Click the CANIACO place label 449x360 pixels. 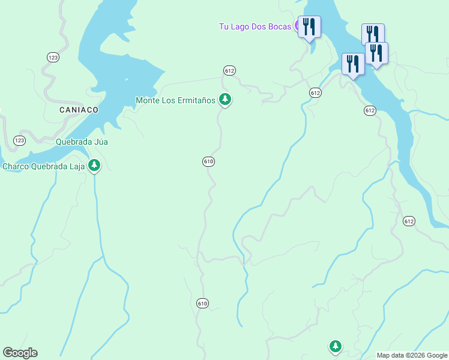point(79,110)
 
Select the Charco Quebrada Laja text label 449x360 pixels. point(44,167)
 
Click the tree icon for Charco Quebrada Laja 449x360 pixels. point(94,166)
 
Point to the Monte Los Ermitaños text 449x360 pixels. point(175,100)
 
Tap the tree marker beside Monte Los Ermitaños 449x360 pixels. point(224,99)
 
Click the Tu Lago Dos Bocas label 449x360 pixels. point(255,26)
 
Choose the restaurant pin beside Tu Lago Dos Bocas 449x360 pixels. point(309,27)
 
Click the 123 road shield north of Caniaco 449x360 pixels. point(53,57)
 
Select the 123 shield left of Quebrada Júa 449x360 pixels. point(19,140)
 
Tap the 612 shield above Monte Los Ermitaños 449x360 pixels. point(229,70)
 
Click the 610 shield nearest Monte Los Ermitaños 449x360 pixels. point(208,161)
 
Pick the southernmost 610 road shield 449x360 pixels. point(202,304)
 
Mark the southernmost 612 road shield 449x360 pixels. point(409,221)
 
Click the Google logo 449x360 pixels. point(20,353)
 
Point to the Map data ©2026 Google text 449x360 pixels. point(412,355)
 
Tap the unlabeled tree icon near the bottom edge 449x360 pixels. point(335,346)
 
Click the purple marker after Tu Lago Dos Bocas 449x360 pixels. point(297,26)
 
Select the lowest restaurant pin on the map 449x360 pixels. point(353,64)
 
